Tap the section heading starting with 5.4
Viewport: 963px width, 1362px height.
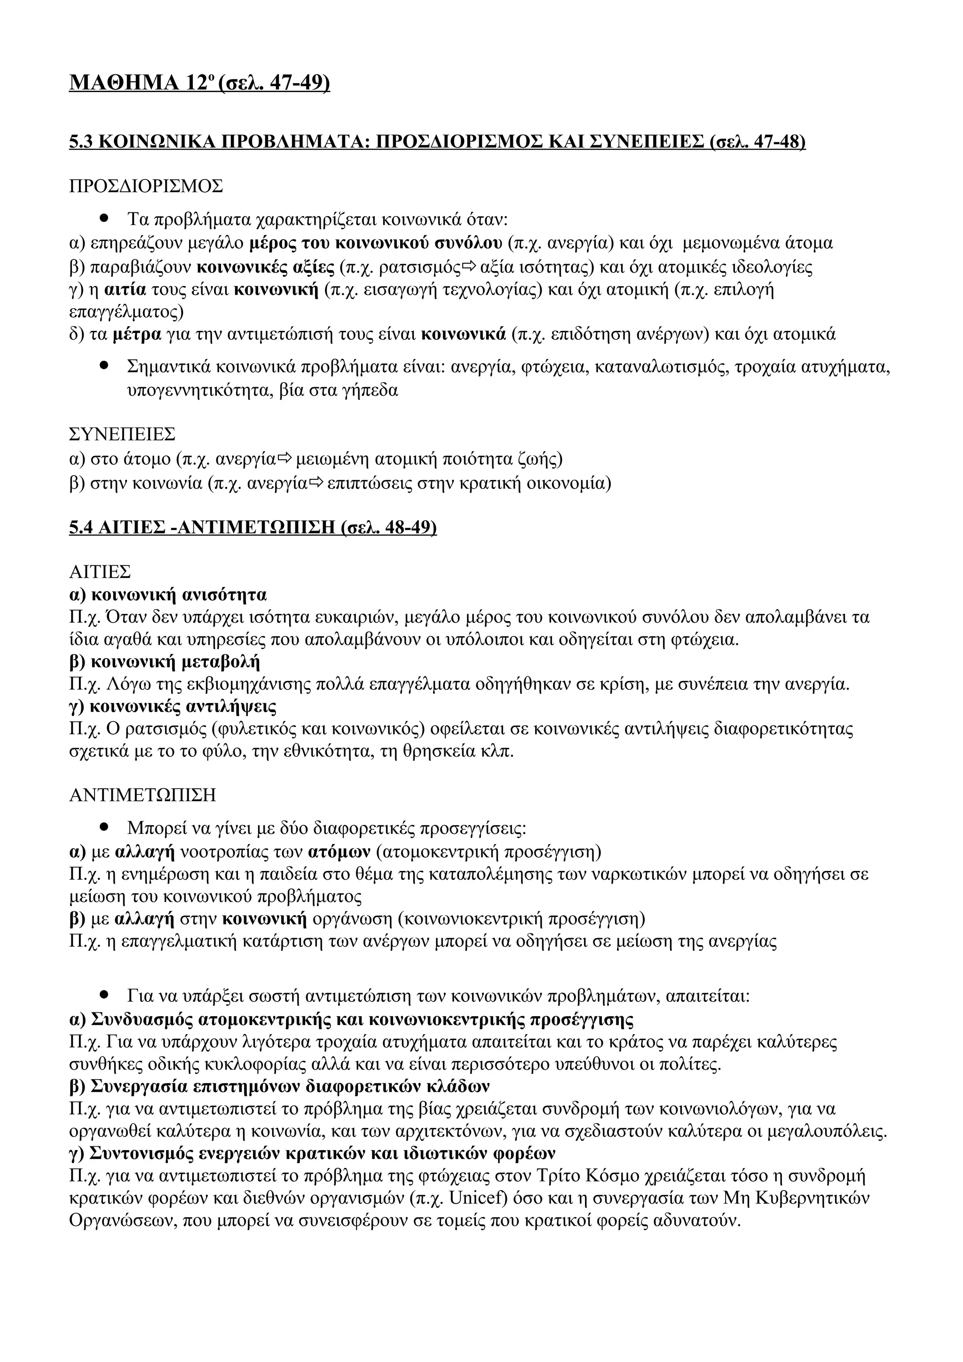click(x=253, y=527)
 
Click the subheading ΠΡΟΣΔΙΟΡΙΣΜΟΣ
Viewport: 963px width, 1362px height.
click(x=146, y=186)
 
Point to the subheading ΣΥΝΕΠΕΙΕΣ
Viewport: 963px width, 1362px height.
click(x=122, y=434)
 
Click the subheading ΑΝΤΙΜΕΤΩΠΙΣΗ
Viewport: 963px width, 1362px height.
click(x=142, y=795)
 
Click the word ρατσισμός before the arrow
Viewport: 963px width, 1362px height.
click(x=419, y=267)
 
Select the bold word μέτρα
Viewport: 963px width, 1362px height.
click(x=136, y=335)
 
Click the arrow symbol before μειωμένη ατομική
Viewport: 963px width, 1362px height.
click(x=285, y=459)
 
